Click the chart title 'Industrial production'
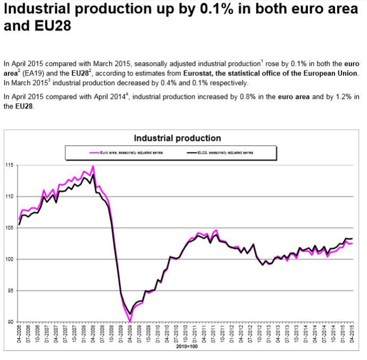tap(177, 138)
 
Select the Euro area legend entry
tap(127, 153)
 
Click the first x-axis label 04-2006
tap(19, 334)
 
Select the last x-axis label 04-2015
tap(352, 334)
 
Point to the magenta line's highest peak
tap(94, 166)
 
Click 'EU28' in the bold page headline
tap(38, 26)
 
